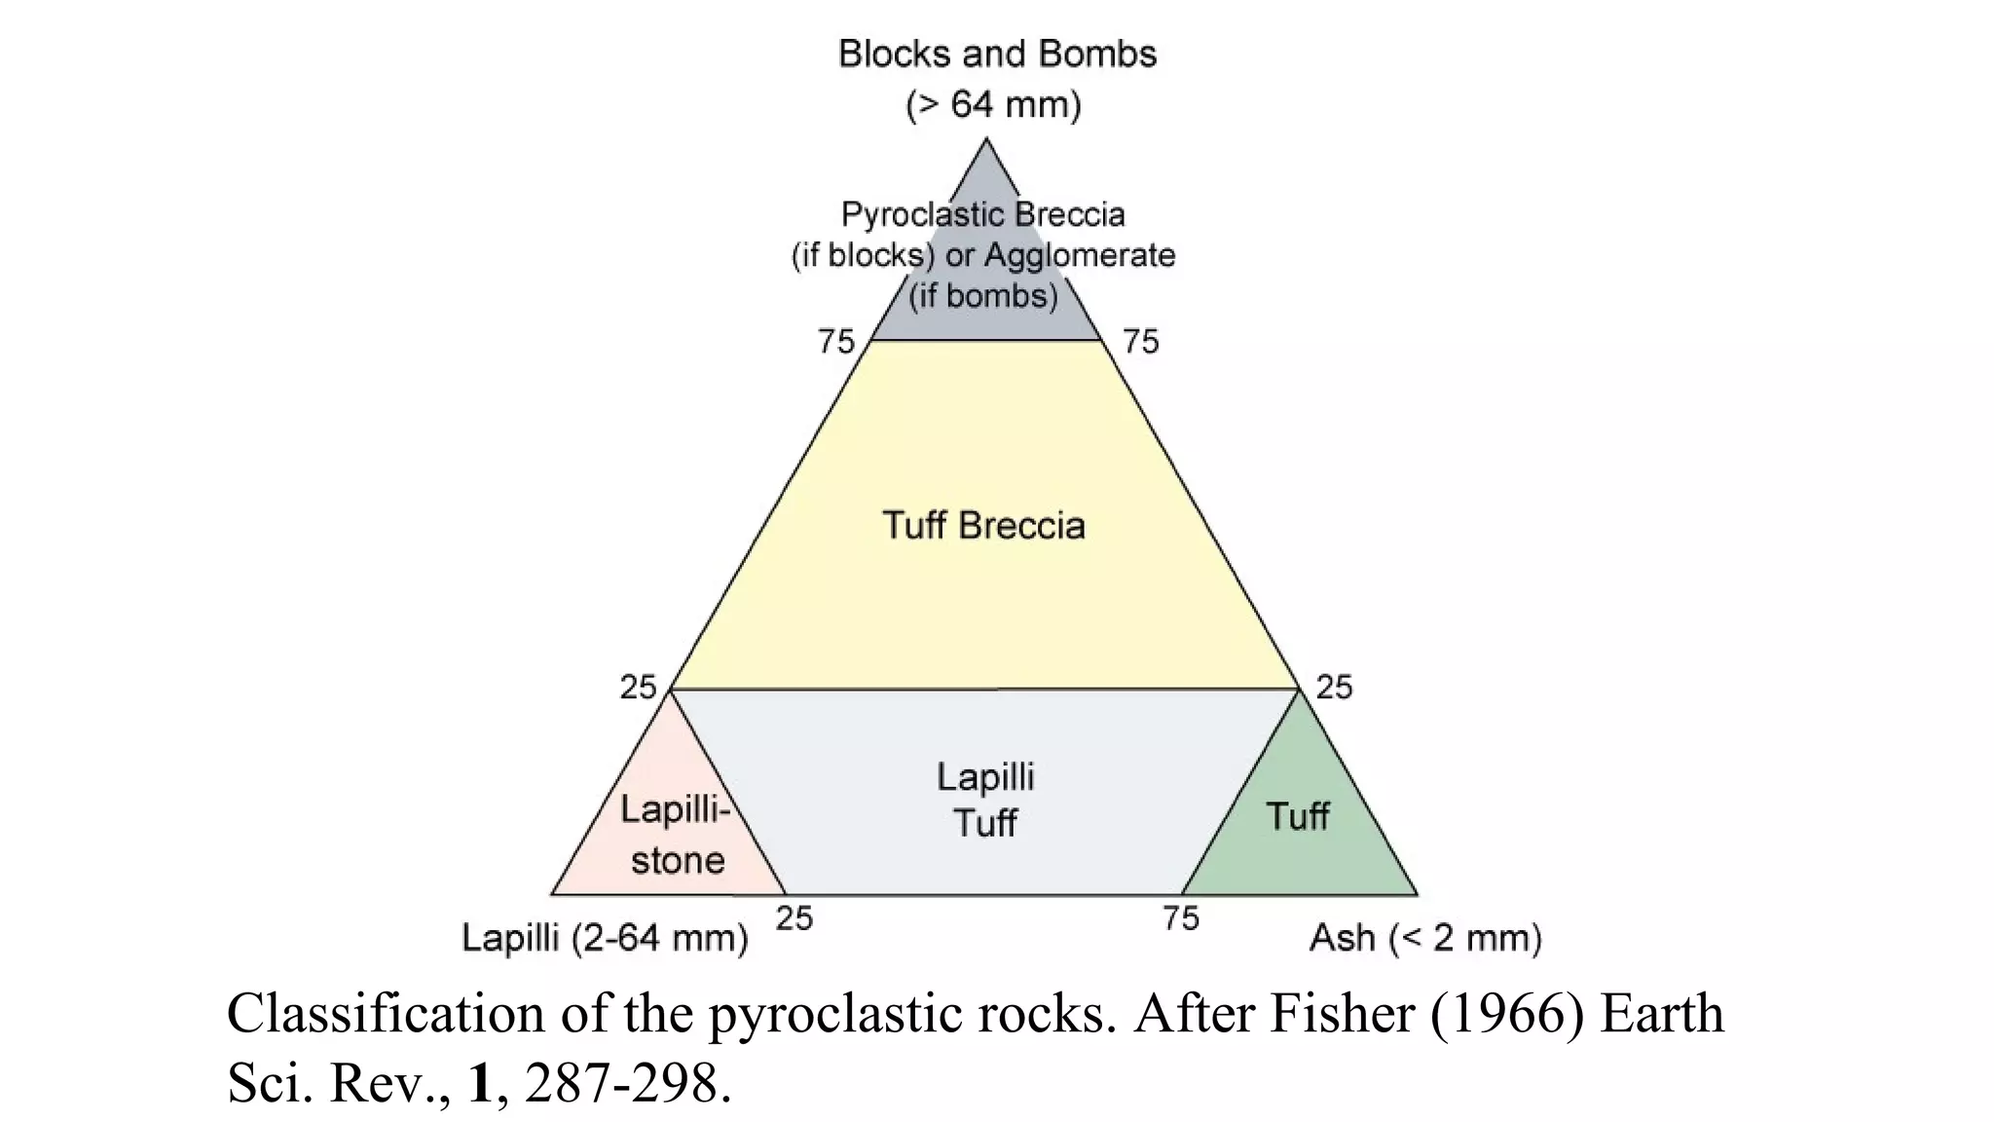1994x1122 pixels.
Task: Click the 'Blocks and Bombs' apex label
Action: (x=997, y=55)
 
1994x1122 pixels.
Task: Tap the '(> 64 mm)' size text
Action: (x=993, y=104)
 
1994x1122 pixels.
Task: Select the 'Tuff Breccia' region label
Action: (x=983, y=526)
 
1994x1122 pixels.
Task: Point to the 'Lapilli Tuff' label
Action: (x=985, y=800)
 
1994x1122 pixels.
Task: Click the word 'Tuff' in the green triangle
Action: (x=1297, y=816)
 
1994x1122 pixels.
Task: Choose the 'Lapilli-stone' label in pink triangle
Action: (x=676, y=835)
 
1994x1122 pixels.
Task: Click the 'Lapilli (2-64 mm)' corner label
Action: (x=605, y=938)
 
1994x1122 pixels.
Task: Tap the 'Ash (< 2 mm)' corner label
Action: (x=1425, y=938)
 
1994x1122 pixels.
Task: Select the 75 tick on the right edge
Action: (x=1141, y=342)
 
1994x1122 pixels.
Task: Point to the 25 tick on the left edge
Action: (x=639, y=688)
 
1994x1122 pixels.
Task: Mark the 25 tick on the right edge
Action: (x=1334, y=688)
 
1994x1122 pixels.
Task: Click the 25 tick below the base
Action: (x=794, y=918)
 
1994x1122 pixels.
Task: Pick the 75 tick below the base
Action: (x=1181, y=918)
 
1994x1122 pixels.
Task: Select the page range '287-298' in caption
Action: (x=621, y=1083)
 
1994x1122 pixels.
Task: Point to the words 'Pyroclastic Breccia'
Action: (x=983, y=214)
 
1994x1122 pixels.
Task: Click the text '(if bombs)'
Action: (x=983, y=295)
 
